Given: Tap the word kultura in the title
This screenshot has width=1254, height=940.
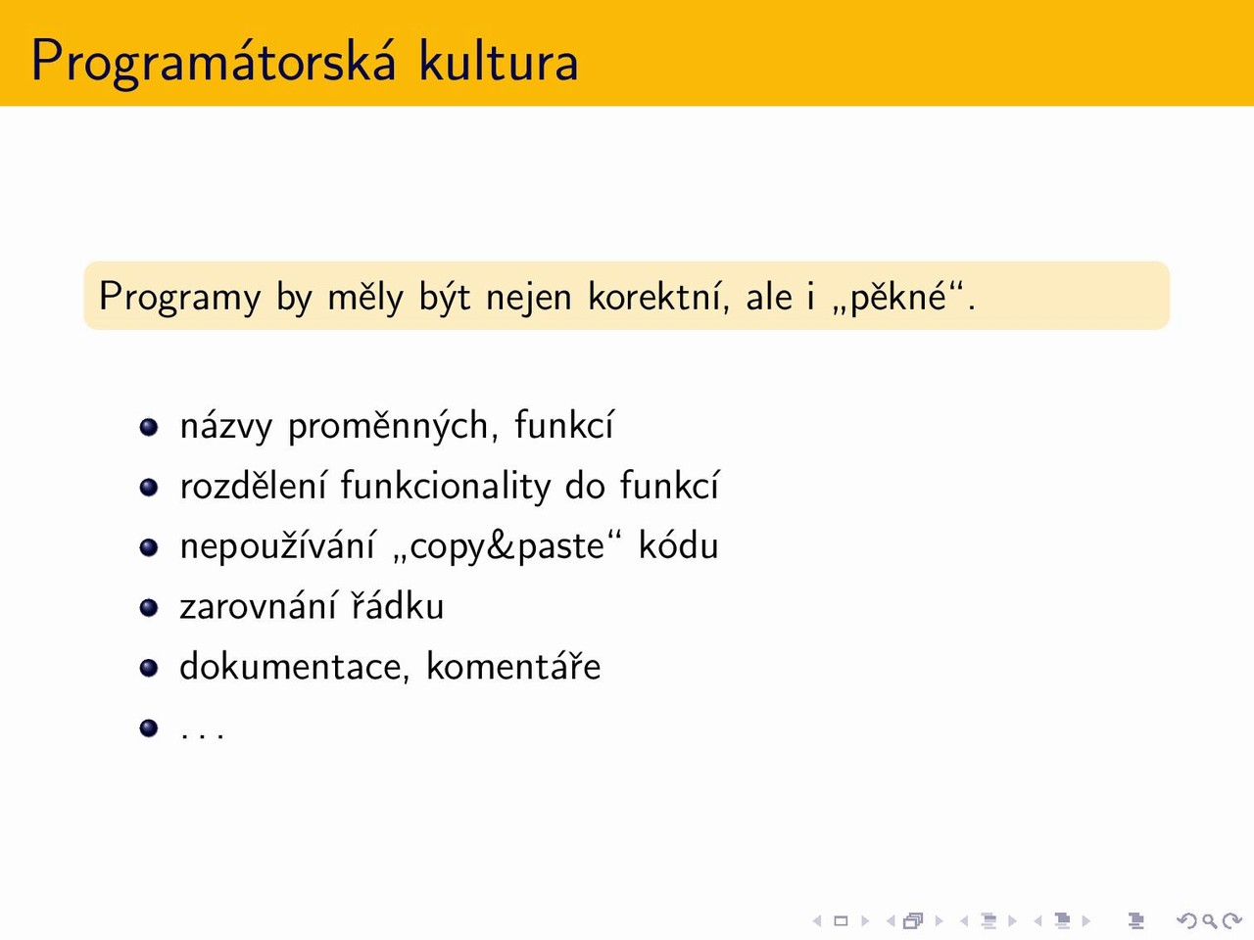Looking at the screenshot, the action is [499, 60].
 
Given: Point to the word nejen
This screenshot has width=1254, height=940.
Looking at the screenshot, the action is [528, 298].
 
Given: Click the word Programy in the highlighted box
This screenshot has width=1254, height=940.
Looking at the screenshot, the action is [180, 298].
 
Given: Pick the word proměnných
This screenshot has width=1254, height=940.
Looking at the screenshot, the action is [387, 426].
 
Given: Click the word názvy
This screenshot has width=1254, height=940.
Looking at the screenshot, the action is [226, 426].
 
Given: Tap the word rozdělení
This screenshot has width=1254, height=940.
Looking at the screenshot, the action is [253, 485].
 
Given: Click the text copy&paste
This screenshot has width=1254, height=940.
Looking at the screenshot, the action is [506, 546].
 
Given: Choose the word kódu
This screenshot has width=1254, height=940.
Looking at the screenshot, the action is [678, 544].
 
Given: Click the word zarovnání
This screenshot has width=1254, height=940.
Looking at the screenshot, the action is [258, 605].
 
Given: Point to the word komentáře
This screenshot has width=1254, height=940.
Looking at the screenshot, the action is [513, 666].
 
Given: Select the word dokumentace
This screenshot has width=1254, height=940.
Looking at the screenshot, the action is [295, 667].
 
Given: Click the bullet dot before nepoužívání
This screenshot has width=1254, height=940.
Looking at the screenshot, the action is [149, 547].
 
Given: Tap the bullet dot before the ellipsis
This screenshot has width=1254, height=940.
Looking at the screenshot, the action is [149, 728].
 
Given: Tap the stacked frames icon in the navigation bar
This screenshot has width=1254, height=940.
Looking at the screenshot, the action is [913, 920].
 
